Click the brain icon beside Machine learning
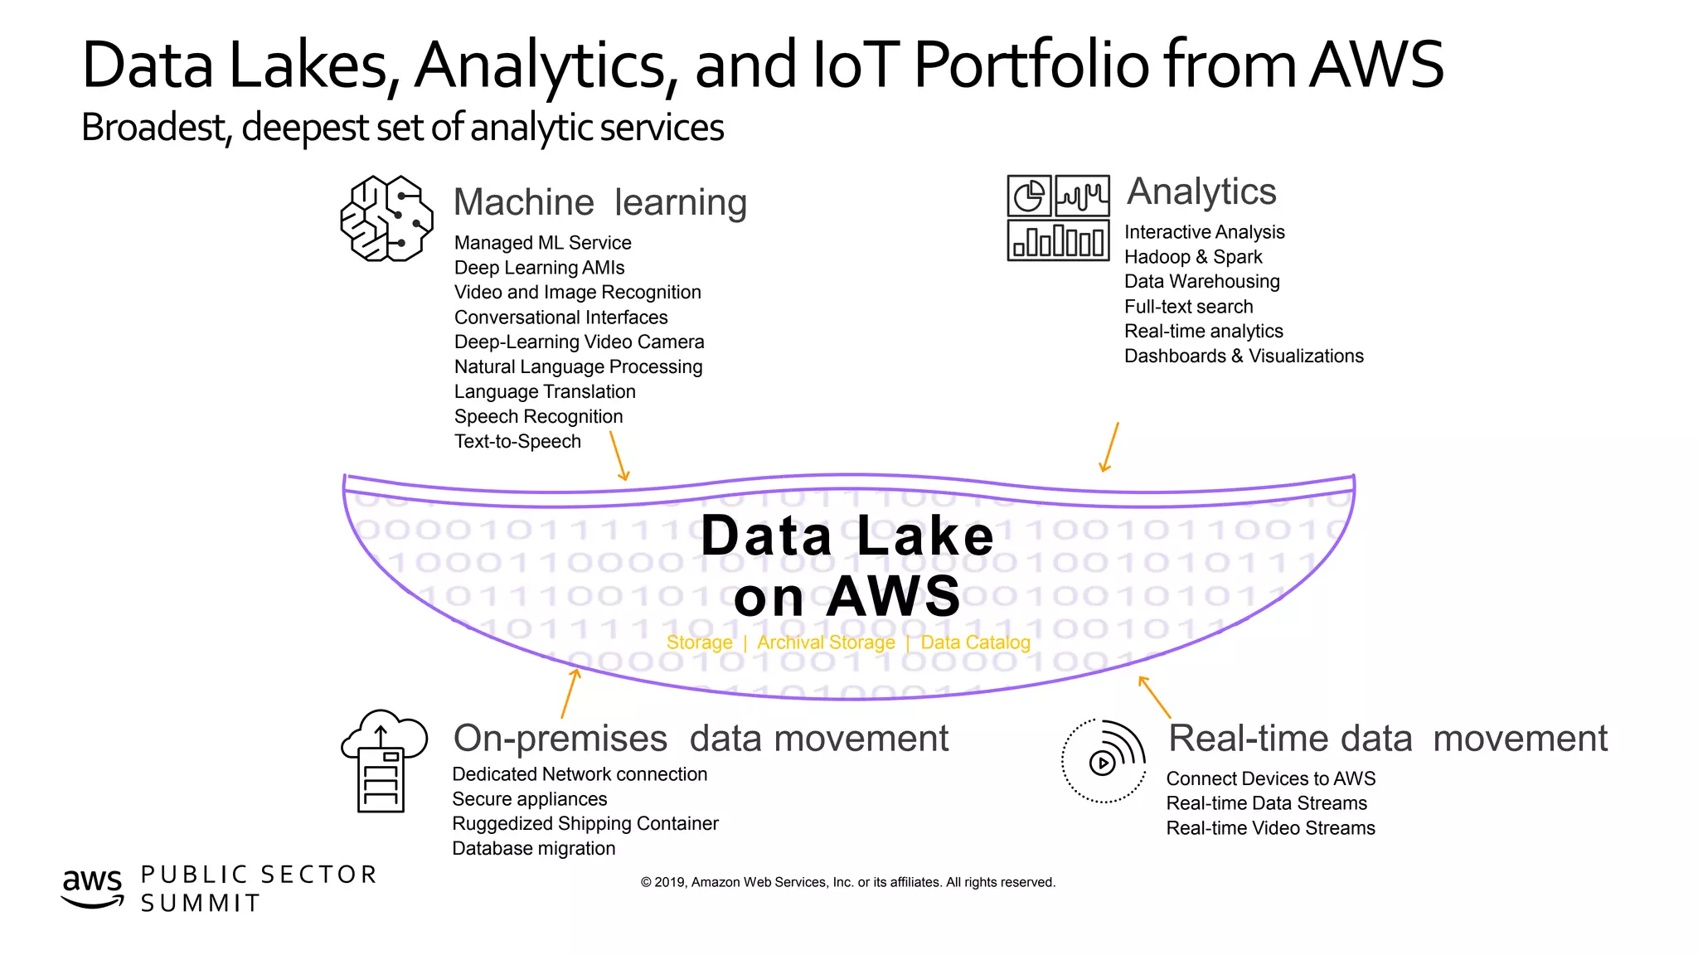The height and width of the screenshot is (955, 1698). pyautogui.click(x=386, y=219)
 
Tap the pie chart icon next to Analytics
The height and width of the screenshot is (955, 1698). pyautogui.click(x=1029, y=197)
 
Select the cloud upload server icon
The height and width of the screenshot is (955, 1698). pyautogui.click(x=383, y=761)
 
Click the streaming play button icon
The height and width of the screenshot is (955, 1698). pyautogui.click(x=1102, y=762)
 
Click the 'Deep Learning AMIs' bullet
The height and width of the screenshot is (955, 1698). pyautogui.click(x=539, y=268)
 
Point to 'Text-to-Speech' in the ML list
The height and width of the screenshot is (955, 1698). pyautogui.click(x=517, y=442)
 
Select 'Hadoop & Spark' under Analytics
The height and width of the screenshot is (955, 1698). pyautogui.click(x=1192, y=257)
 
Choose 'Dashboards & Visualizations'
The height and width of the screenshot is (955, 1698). pyautogui.click(x=1243, y=356)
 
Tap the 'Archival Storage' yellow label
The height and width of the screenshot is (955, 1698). pyautogui.click(x=826, y=642)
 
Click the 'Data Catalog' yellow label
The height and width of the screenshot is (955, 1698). pyautogui.click(x=975, y=642)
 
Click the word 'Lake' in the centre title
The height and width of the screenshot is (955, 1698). pyautogui.click(x=924, y=536)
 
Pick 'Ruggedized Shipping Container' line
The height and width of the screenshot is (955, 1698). pyautogui.click(x=585, y=824)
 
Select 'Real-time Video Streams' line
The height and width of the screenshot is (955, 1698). pyautogui.click(x=1269, y=828)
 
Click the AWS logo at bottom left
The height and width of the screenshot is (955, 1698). pyautogui.click(x=92, y=887)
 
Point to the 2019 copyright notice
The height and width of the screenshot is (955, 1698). pyautogui.click(x=847, y=882)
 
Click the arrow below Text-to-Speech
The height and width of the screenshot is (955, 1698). pyautogui.click(x=619, y=456)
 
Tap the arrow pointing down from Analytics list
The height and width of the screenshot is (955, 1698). pyautogui.click(x=1110, y=448)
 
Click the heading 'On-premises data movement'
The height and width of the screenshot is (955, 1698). pyautogui.click(x=700, y=739)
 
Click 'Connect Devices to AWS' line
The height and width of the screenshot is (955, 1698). pyautogui.click(x=1270, y=779)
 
